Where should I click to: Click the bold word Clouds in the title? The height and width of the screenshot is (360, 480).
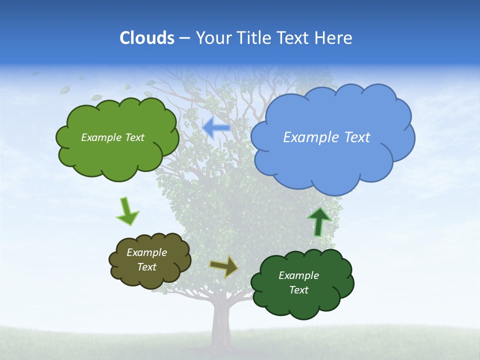[x=146, y=37]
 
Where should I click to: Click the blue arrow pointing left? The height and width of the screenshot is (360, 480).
[x=216, y=128]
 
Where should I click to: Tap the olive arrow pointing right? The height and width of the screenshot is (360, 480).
[x=224, y=266]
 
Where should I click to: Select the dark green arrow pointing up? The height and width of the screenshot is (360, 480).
[x=319, y=221]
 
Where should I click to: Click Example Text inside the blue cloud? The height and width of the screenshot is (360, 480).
[x=326, y=137]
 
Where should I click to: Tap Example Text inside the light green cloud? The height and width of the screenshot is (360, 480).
[x=112, y=137]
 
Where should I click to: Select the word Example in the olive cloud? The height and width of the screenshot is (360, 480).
[x=146, y=252]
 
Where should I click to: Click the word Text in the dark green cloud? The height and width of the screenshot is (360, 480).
[x=298, y=290]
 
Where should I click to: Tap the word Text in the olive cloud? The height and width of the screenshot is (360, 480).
[x=146, y=267]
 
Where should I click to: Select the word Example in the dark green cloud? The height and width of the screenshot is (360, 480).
[x=298, y=275]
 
